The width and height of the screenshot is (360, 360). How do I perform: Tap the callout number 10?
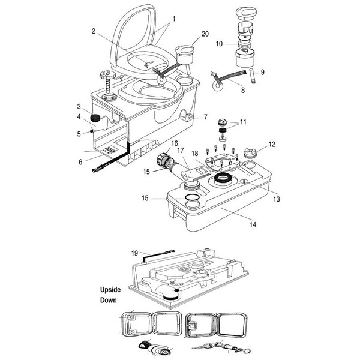(x=219, y=43)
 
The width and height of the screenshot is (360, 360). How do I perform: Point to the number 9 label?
(x=262, y=72)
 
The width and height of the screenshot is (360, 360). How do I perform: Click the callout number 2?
(x=95, y=31)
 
